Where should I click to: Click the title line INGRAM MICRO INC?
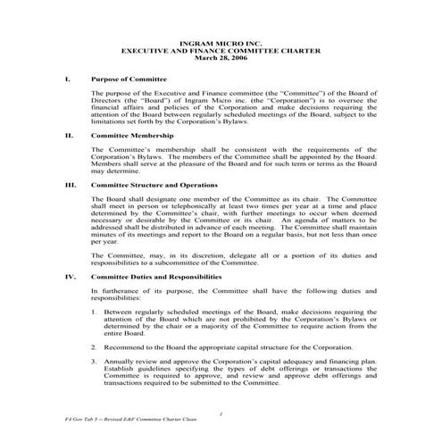tap(221, 43)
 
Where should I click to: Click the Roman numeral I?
tap(68, 79)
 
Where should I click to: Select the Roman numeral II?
tap(69, 136)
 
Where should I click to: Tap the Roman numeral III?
tap(71, 184)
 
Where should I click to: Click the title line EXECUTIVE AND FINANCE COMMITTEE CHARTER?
tap(221, 50)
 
